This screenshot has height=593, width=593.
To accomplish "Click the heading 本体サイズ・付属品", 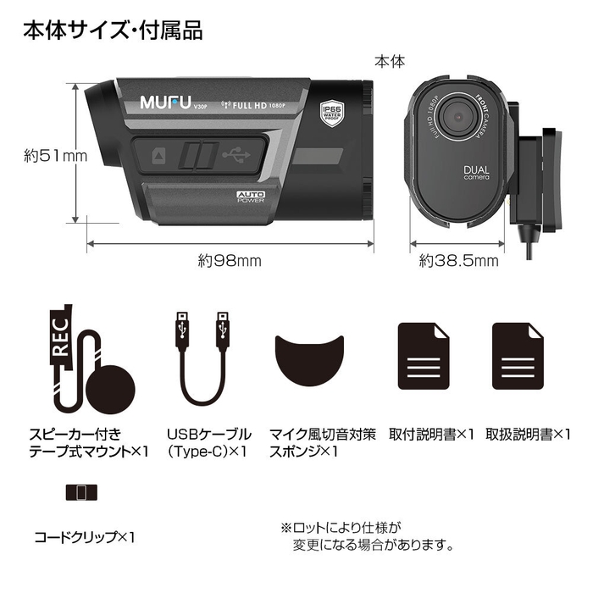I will [x=113, y=31].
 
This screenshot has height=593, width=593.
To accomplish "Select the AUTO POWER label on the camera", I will [x=252, y=198].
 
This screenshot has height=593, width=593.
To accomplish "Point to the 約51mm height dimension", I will [x=44, y=155].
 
